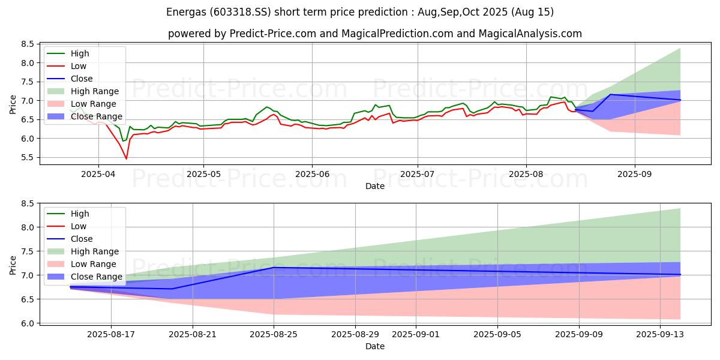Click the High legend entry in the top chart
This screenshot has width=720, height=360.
tap(79, 53)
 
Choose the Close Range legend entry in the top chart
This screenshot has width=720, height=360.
tap(96, 116)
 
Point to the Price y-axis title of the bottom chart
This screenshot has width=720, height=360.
tap(13, 265)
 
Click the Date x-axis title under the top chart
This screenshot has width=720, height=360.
tap(375, 187)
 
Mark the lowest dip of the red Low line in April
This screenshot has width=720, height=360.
tap(126, 158)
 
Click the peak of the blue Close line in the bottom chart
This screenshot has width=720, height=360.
tap(274, 267)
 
